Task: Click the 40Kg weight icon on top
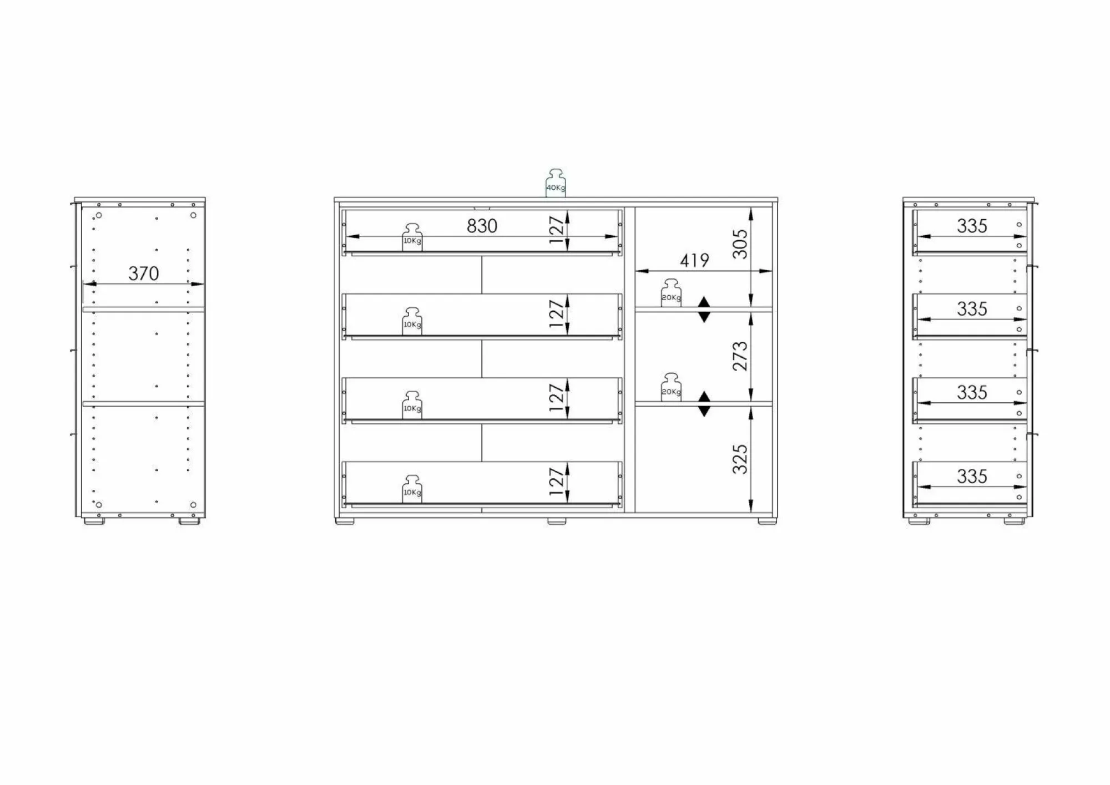[x=556, y=184]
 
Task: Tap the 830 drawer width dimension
[x=482, y=226]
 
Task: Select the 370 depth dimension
[x=143, y=274]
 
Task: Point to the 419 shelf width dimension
[x=694, y=260]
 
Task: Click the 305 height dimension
[x=740, y=244]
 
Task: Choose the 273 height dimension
[x=740, y=356]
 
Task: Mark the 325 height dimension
[x=740, y=459]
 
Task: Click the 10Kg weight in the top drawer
[x=412, y=238]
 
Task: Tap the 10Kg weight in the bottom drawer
[x=412, y=489]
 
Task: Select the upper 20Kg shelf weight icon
[x=671, y=293]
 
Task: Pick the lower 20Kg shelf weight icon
[x=671, y=388]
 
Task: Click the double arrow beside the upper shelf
[x=704, y=310]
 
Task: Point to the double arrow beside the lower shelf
[x=704, y=404]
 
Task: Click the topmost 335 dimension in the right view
[x=972, y=226]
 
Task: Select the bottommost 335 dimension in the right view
[x=972, y=476]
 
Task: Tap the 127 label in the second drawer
[x=557, y=314]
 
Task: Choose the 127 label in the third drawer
[x=557, y=398]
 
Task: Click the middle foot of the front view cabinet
[x=556, y=521]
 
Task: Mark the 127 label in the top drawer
[x=557, y=230]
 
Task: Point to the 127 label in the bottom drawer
[x=557, y=482]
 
